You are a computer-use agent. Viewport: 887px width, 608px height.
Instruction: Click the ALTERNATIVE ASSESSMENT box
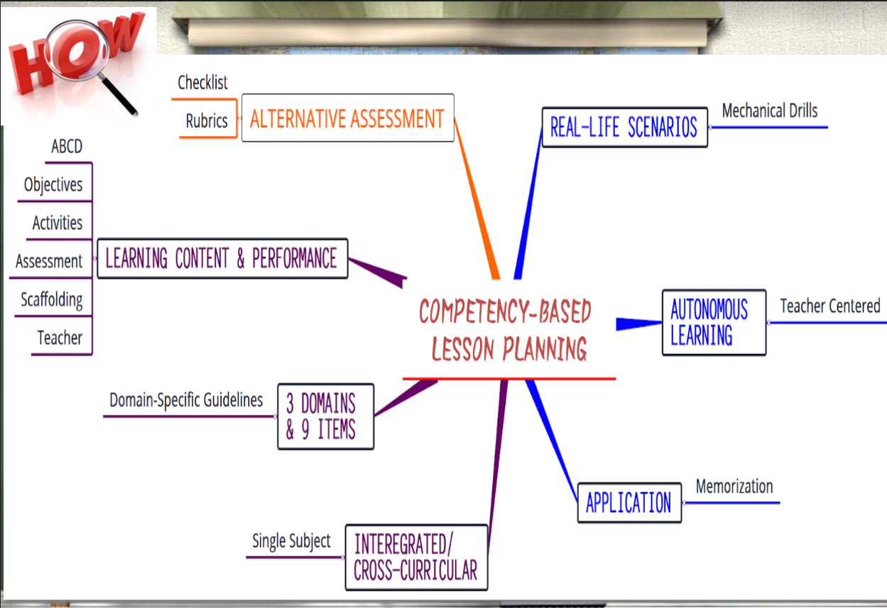(x=347, y=118)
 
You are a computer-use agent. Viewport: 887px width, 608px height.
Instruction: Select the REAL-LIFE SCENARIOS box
(x=624, y=128)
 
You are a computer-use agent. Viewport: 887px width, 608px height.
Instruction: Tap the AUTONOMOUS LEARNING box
(x=713, y=322)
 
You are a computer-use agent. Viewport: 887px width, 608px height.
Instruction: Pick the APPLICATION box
(x=628, y=503)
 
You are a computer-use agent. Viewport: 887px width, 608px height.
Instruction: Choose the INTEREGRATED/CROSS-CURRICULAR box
(x=416, y=558)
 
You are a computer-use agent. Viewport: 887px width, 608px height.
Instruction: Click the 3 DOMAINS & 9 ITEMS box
(x=325, y=416)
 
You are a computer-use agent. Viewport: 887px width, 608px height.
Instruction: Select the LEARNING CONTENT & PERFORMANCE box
(x=222, y=258)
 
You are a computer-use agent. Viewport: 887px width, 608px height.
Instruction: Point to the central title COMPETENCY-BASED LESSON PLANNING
(x=505, y=331)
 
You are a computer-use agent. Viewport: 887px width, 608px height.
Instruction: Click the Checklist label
(x=202, y=83)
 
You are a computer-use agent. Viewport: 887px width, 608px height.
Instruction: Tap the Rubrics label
(x=207, y=121)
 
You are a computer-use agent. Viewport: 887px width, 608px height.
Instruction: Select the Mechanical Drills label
(x=770, y=111)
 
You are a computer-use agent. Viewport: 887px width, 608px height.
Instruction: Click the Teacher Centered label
(x=829, y=306)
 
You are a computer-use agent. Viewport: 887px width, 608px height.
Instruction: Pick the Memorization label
(x=734, y=487)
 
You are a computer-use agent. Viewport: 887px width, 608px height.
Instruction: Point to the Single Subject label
(x=291, y=542)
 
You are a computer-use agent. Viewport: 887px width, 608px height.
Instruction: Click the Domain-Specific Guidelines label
(x=186, y=400)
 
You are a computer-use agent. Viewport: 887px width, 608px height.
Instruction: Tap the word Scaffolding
(x=52, y=300)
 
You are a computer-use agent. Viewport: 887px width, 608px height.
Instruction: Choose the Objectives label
(x=53, y=185)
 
